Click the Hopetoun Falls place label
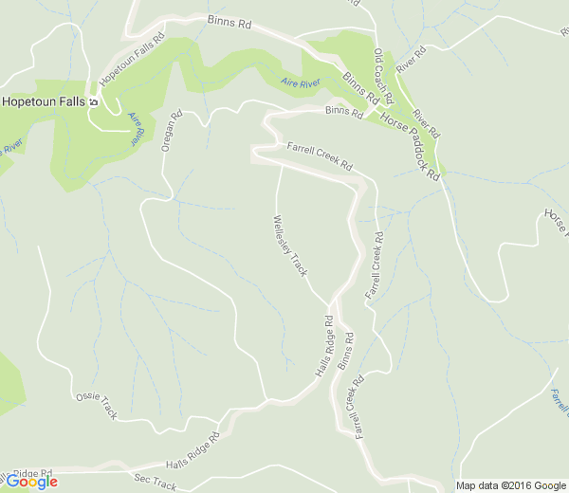(x=43, y=100)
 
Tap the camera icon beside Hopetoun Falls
(x=94, y=100)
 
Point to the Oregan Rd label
(x=171, y=133)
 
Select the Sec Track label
(x=156, y=483)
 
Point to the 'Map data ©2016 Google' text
(x=511, y=485)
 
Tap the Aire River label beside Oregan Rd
(x=138, y=128)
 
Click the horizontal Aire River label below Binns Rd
(x=301, y=83)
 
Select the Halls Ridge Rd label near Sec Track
(x=193, y=451)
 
